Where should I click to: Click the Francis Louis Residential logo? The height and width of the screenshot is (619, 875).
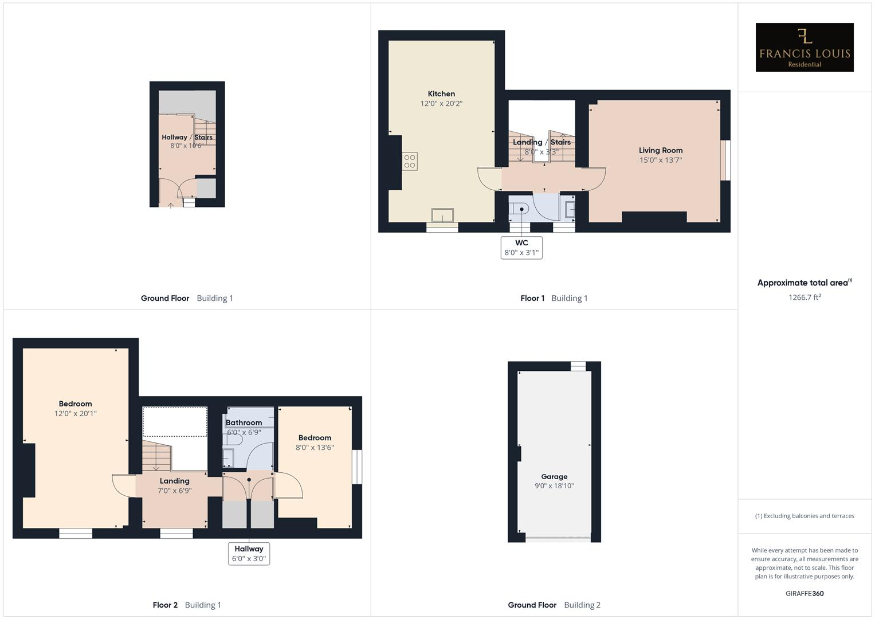coord(804,48)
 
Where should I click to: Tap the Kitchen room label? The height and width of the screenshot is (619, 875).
coord(441,94)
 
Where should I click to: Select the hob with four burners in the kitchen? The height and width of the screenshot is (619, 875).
coord(410,161)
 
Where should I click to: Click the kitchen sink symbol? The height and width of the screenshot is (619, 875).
coord(442,215)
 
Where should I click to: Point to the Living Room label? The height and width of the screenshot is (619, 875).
coord(661,150)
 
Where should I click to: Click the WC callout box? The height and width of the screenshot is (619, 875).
coord(521,248)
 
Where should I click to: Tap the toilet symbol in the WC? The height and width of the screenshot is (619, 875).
coord(521,210)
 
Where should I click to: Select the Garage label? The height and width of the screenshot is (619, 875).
coord(554,476)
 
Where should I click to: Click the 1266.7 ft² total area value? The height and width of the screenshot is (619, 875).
coord(805,297)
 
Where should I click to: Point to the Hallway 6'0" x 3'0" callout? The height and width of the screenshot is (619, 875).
coord(249,554)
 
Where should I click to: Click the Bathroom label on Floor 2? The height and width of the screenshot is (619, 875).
coord(244,423)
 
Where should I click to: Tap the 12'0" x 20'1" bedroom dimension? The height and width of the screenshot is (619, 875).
coord(75,413)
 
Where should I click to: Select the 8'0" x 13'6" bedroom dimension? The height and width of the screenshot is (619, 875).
coord(315,448)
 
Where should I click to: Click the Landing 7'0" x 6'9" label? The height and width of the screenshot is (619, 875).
coord(174,485)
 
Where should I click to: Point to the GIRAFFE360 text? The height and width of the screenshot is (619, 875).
coord(805,594)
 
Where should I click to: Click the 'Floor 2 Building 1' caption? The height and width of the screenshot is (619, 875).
coord(187,605)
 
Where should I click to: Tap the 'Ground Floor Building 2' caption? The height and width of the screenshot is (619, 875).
coord(554,605)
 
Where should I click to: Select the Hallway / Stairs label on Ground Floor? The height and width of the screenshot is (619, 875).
coord(187,138)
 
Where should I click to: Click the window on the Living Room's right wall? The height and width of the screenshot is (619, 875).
coord(726,160)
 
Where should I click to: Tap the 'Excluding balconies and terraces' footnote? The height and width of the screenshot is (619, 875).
coord(805,516)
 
